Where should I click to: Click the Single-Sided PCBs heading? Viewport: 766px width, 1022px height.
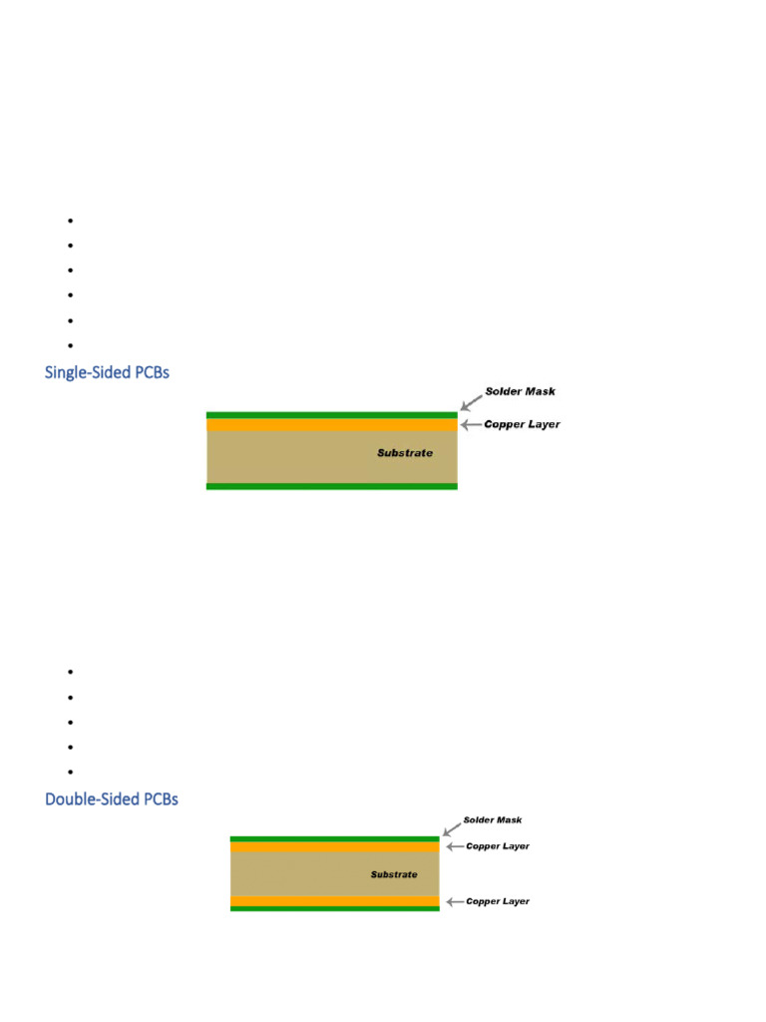click(107, 372)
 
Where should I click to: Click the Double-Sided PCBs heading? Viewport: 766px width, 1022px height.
click(112, 799)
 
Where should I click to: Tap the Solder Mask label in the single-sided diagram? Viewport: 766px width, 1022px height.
click(520, 391)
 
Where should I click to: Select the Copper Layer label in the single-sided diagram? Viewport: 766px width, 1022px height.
click(522, 424)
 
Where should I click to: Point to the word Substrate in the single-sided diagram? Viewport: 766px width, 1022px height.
click(405, 453)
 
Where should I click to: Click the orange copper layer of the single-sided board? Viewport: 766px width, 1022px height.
click(331, 424)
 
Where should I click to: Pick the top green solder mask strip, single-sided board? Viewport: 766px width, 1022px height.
click(331, 414)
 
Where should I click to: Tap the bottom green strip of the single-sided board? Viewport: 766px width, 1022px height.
click(331, 486)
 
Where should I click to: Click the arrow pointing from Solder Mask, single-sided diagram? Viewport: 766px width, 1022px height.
click(471, 401)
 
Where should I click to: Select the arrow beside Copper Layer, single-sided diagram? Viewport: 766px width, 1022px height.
click(471, 424)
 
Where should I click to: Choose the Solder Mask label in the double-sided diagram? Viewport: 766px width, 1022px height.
click(493, 820)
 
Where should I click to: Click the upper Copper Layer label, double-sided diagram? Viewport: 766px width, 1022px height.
click(498, 846)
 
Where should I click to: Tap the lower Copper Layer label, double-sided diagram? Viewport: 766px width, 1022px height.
click(498, 901)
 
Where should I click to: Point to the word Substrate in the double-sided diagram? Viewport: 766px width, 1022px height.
click(394, 875)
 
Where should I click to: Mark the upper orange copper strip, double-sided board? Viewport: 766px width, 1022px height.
click(334, 846)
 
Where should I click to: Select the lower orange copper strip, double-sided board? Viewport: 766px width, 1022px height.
click(334, 901)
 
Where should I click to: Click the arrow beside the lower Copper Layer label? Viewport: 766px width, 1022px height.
click(454, 901)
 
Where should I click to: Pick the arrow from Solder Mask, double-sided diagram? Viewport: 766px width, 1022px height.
click(452, 828)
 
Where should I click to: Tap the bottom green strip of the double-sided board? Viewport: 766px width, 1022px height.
click(334, 909)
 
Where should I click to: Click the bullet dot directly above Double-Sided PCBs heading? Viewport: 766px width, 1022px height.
click(72, 772)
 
